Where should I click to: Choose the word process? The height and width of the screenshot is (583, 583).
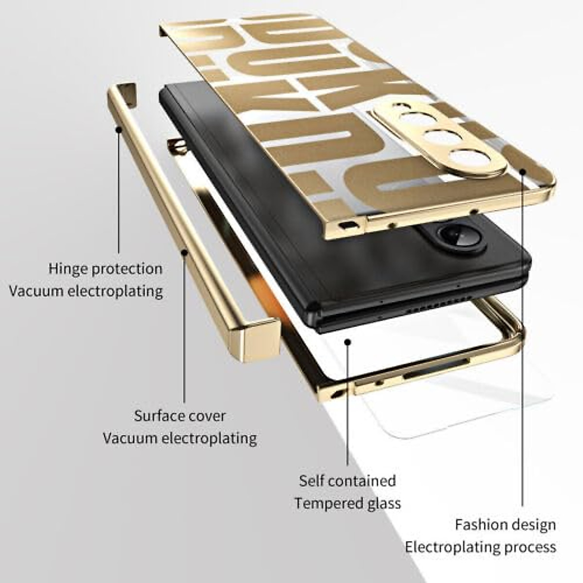pos(530,547)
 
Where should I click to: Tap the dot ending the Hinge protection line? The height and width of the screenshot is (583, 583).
pos(118,129)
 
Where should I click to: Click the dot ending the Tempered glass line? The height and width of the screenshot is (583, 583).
pos(347,342)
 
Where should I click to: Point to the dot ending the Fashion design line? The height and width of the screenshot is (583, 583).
pos(523,171)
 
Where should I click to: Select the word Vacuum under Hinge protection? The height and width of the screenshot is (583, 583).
pos(36,291)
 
